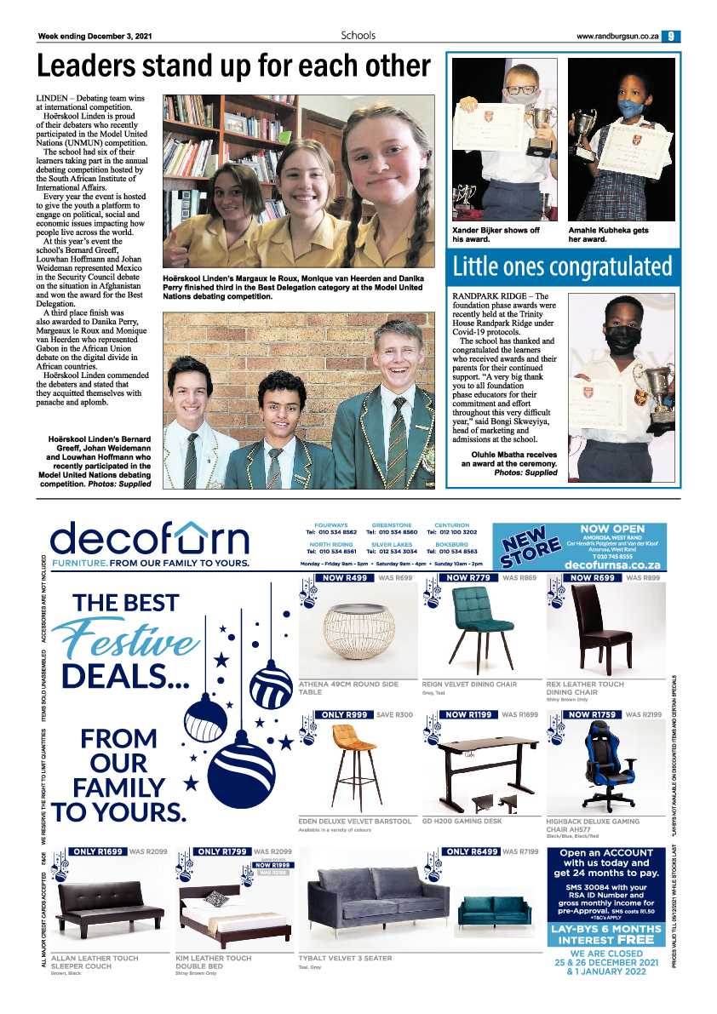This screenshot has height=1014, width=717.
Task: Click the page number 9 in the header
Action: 672,36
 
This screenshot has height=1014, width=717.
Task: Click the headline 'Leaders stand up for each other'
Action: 233,66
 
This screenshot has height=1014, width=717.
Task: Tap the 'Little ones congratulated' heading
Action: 562,266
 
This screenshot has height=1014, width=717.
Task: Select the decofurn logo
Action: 150,539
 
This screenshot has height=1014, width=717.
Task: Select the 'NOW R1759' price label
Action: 594,715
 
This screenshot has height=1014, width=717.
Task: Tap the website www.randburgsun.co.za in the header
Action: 617,37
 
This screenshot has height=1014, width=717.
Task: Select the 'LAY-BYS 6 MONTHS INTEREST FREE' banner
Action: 605,934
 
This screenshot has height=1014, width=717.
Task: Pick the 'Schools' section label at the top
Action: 358,36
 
